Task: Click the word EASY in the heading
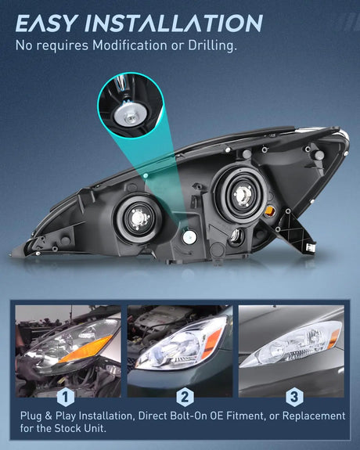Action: click(x=46, y=23)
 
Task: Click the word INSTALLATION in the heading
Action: click(x=174, y=23)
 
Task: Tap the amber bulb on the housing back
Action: click(x=270, y=211)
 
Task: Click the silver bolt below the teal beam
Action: click(x=189, y=237)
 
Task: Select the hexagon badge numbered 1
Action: click(x=66, y=397)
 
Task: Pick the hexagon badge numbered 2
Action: click(x=185, y=397)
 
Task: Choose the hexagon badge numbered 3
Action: click(x=294, y=397)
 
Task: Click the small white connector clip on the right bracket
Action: click(x=311, y=247)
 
